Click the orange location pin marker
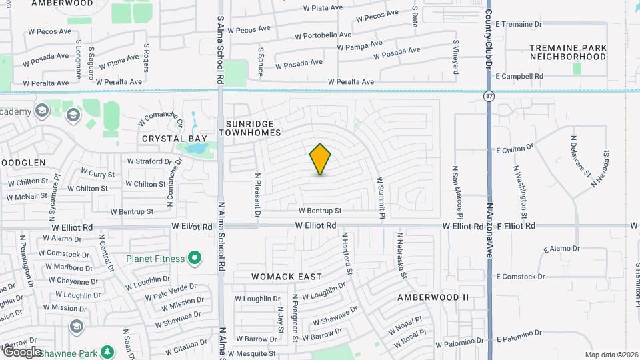321,159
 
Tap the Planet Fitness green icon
195,257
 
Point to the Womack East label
287,277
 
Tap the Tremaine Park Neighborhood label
568,52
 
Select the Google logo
22,351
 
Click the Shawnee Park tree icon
106,351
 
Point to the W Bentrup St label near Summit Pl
319,210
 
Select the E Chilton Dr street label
515,148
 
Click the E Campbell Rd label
519,77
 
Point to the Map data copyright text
611,355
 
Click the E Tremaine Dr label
519,24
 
